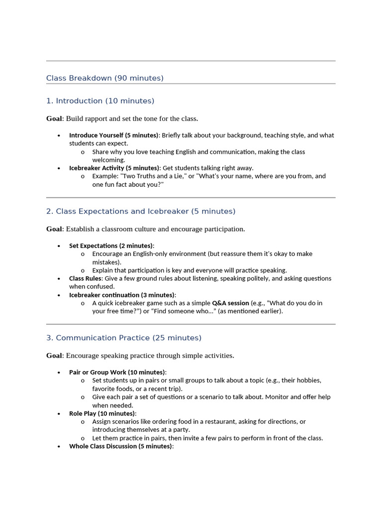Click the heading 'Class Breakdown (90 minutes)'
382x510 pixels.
pyautogui.click(x=105, y=78)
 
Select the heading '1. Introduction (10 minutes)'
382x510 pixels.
pyautogui.click(x=100, y=101)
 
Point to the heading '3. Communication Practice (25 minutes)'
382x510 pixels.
pyautogui.click(x=124, y=338)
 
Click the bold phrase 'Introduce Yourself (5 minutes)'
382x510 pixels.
pyautogui.click(x=113, y=135)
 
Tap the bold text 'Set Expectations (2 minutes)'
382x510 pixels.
pyautogui.click(x=111, y=246)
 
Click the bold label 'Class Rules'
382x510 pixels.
pyautogui.click(x=85, y=278)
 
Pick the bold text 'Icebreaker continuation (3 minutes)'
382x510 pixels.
pyautogui.click(x=121, y=295)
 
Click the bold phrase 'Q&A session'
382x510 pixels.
pyautogui.click(x=230, y=303)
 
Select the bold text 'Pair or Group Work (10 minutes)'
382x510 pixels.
pyautogui.click(x=117, y=373)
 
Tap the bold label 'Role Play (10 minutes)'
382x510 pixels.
pyautogui.click(x=102, y=414)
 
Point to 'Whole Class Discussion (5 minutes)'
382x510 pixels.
pyautogui.click(x=120, y=447)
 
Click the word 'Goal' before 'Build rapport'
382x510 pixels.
pyautogui.click(x=54, y=119)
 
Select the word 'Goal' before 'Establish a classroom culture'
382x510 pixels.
pyautogui.click(x=54, y=229)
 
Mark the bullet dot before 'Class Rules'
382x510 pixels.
pyautogui.click(x=59, y=279)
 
